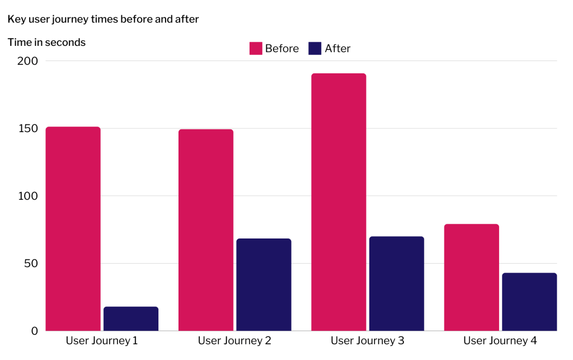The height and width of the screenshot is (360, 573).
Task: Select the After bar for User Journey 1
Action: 131,319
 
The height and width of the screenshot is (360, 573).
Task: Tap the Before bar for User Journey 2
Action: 206,230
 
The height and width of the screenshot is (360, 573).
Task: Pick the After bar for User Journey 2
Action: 264,284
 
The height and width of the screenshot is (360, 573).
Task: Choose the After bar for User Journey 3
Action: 396,283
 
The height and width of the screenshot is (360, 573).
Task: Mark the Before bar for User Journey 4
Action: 471,277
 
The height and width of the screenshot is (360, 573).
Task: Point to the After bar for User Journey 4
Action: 529,302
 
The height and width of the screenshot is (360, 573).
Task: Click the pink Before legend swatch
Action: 256,49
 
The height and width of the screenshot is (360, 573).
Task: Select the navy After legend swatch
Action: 315,49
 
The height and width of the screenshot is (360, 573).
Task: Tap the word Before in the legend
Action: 282,49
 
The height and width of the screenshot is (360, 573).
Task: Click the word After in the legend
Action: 337,49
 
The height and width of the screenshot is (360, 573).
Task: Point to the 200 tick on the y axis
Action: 26,61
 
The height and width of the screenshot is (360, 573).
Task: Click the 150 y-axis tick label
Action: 26,128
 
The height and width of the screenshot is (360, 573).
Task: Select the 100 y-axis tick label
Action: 26,196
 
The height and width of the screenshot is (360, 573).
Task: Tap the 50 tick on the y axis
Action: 31,263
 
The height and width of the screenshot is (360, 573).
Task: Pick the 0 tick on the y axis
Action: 35,331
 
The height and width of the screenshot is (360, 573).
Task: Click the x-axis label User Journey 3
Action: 367,340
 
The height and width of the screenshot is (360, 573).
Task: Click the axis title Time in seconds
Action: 46,43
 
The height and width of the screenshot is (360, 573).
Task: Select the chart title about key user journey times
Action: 103,19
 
